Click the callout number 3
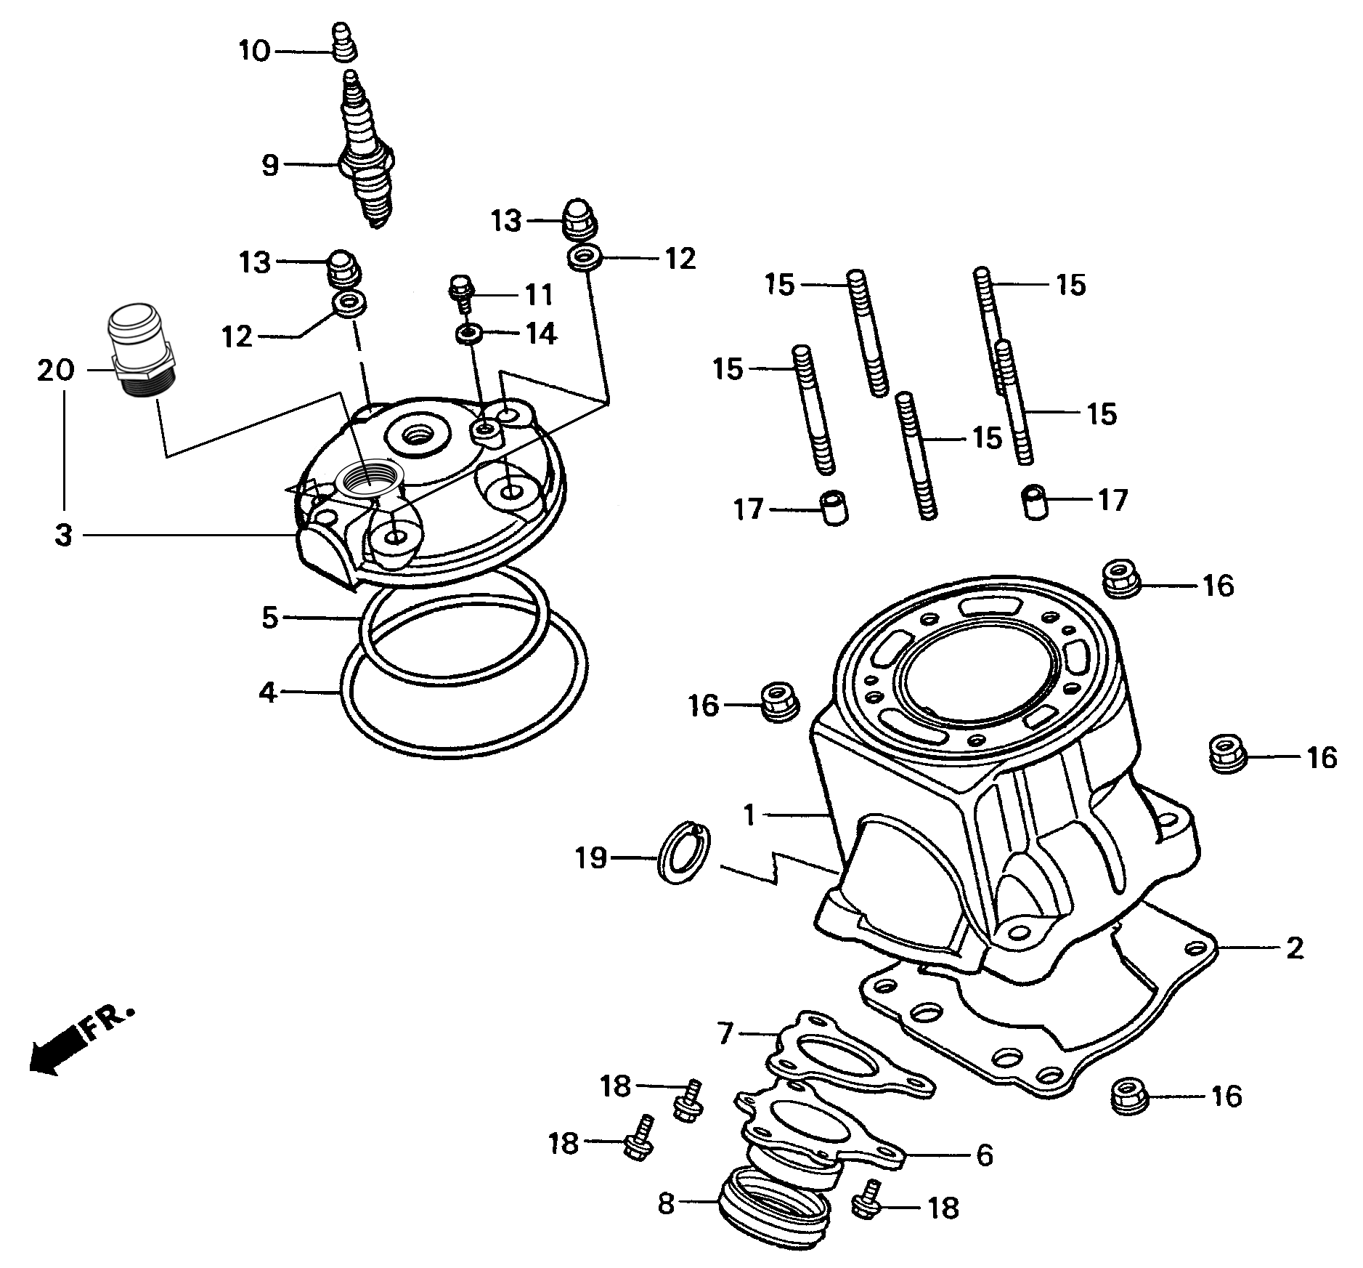64,536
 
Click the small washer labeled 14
469,334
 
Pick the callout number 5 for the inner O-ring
269,618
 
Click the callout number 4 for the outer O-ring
267,692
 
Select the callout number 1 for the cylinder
750,815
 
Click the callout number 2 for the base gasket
1294,948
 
